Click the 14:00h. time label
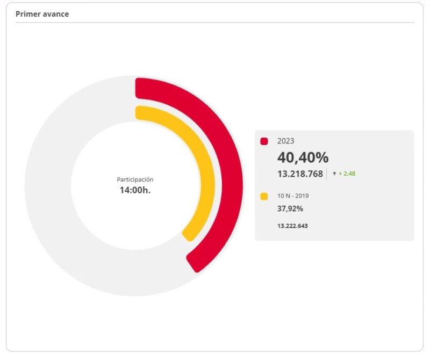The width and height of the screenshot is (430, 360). click(x=135, y=190)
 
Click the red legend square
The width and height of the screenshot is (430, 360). click(x=264, y=141)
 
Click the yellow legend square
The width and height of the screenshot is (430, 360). click(x=264, y=197)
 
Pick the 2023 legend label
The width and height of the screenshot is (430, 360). click(x=286, y=141)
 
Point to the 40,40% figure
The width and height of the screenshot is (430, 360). click(x=303, y=157)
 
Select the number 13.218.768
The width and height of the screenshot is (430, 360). click(x=300, y=174)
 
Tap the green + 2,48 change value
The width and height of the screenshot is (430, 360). click(x=347, y=174)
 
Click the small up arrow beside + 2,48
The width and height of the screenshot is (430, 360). click(x=334, y=174)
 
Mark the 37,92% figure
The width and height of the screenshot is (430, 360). click(x=290, y=208)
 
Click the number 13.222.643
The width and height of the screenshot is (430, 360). click(x=292, y=226)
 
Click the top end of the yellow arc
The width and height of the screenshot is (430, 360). click(x=141, y=112)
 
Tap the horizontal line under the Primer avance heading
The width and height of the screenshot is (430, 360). click(x=215, y=23)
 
